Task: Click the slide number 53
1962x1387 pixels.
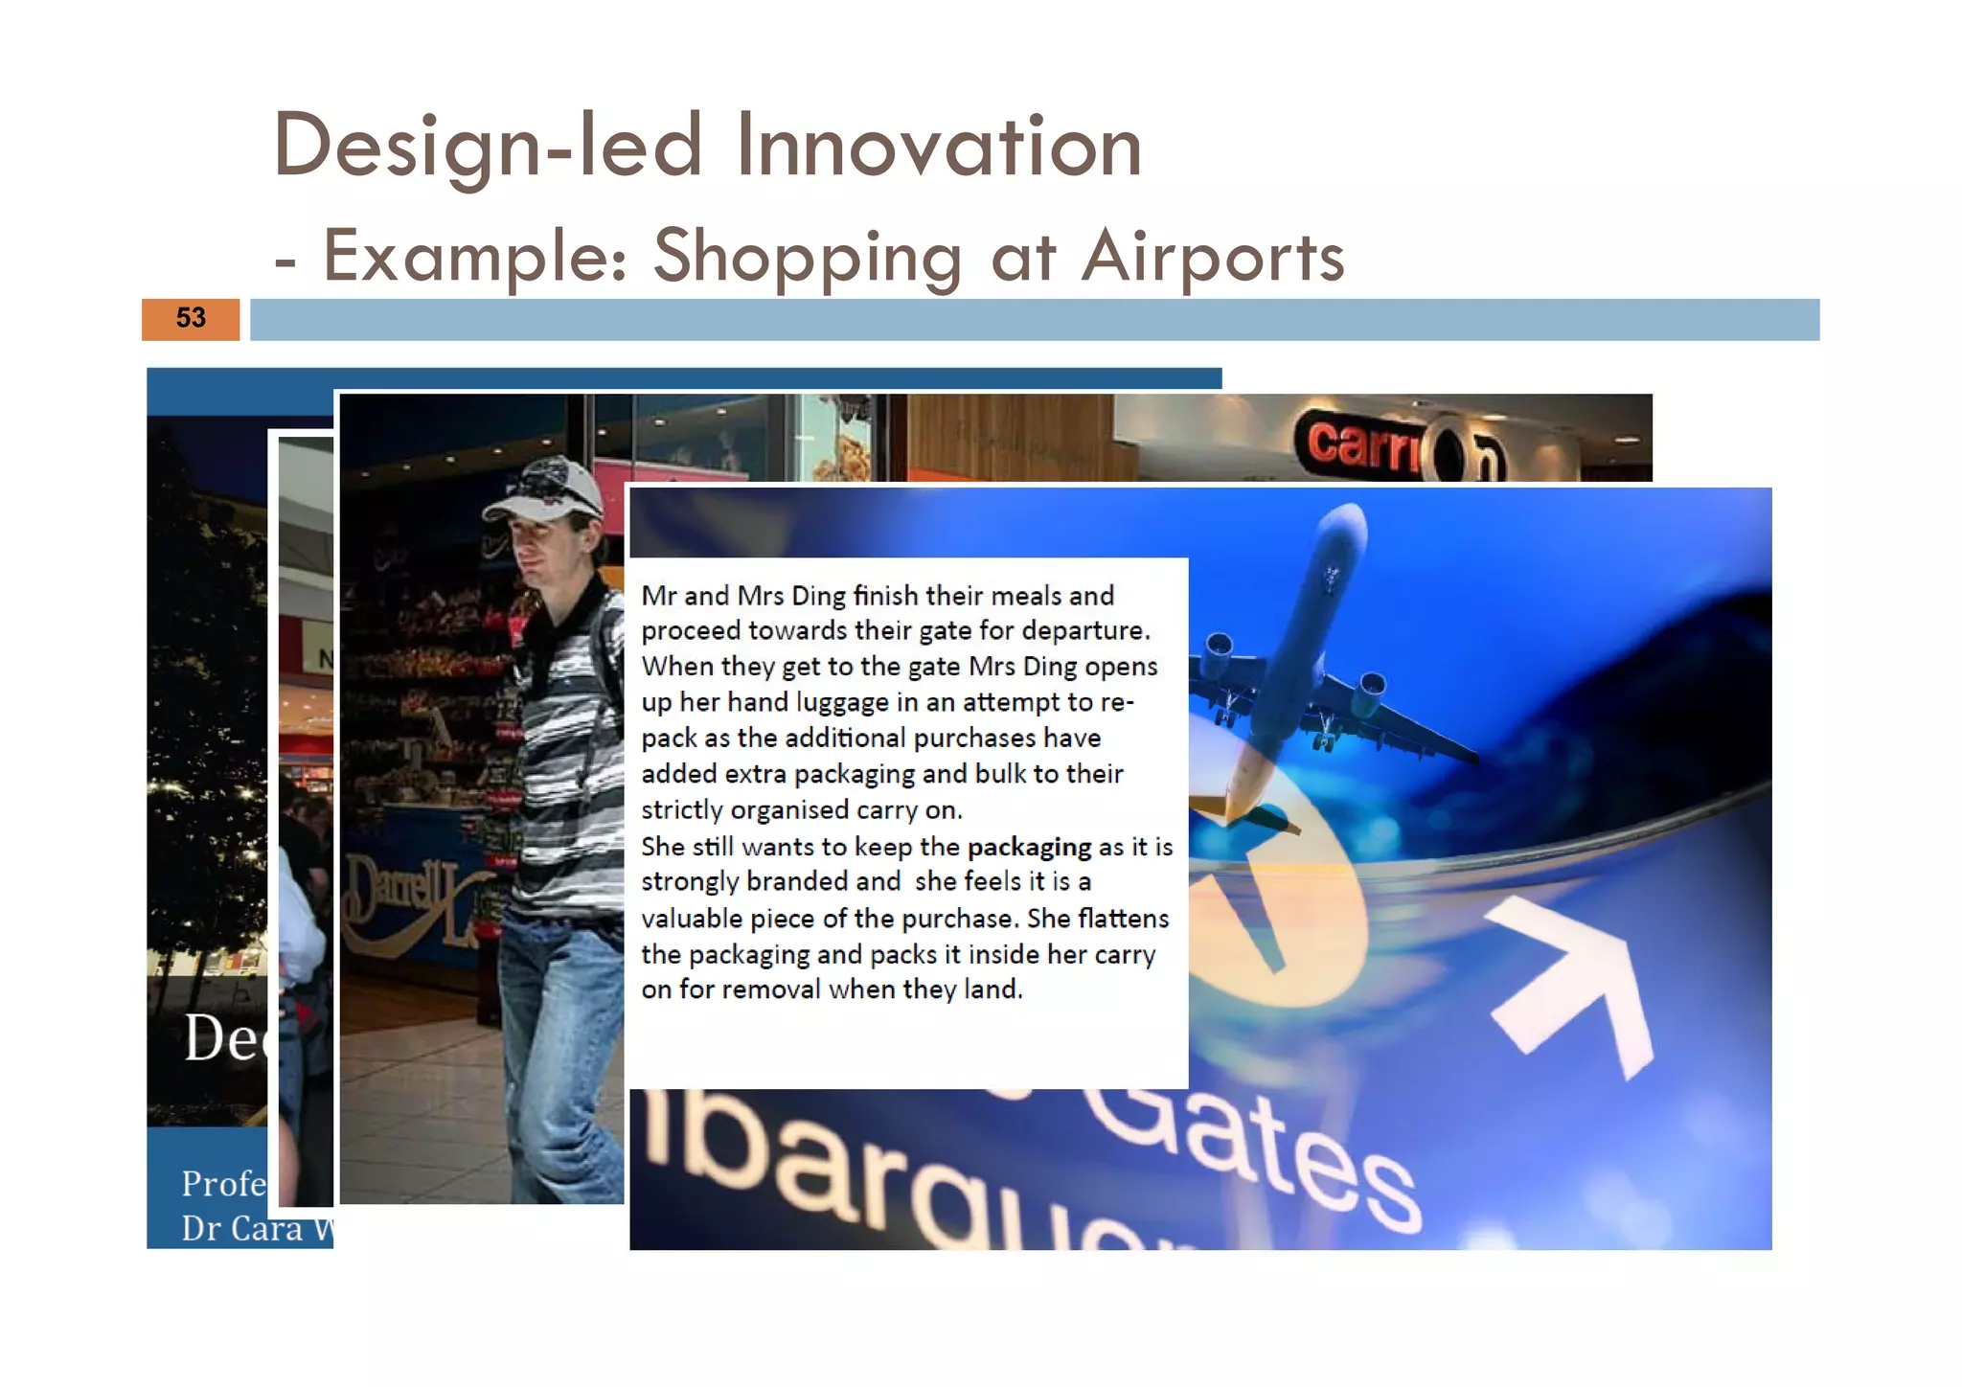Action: (x=191, y=318)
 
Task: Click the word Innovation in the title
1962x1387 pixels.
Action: (x=939, y=147)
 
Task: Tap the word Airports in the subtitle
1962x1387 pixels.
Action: (x=1213, y=257)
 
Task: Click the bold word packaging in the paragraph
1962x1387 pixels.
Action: (x=1029, y=847)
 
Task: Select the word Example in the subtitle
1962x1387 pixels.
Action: (x=475, y=257)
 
